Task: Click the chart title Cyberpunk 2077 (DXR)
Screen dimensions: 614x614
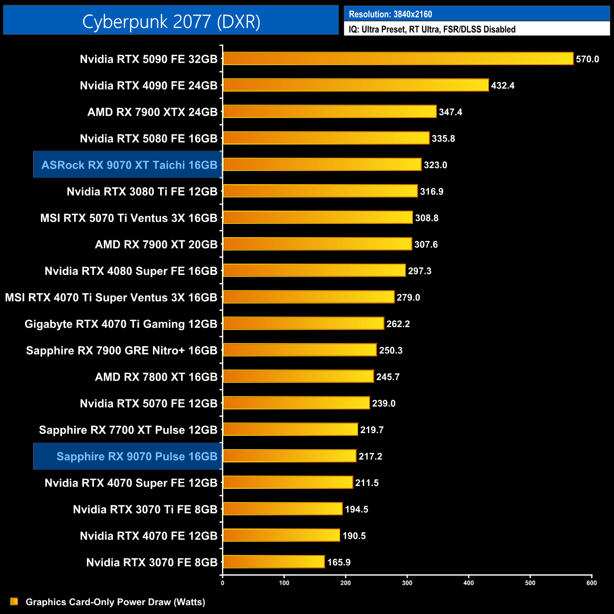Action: [171, 22]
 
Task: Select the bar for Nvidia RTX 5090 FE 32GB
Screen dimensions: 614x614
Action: [398, 59]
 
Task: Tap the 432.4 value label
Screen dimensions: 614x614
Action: [503, 85]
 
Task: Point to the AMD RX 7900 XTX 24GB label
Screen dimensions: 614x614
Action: [152, 112]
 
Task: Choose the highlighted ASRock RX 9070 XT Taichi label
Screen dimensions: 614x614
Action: [129, 165]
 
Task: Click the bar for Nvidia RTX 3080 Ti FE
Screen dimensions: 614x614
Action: [320, 191]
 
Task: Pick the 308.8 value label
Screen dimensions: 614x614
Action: [426, 218]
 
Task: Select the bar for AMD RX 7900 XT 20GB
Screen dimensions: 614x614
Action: [317, 244]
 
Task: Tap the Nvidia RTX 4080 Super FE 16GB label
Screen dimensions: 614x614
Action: [131, 271]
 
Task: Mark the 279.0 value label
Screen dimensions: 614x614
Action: [408, 298]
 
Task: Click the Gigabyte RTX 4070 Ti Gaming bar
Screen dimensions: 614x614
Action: [303, 324]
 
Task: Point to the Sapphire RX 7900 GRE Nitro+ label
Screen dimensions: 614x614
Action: [121, 350]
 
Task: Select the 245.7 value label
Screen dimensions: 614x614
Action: [388, 377]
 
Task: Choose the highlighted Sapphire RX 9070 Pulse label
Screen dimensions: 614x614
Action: [136, 456]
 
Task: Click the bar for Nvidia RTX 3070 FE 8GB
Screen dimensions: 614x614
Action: [274, 562]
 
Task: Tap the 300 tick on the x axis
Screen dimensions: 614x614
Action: [407, 583]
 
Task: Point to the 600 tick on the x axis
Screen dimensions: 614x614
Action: [591, 583]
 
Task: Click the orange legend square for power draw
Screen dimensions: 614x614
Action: [14, 601]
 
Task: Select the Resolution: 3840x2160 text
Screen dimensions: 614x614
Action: [390, 14]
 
